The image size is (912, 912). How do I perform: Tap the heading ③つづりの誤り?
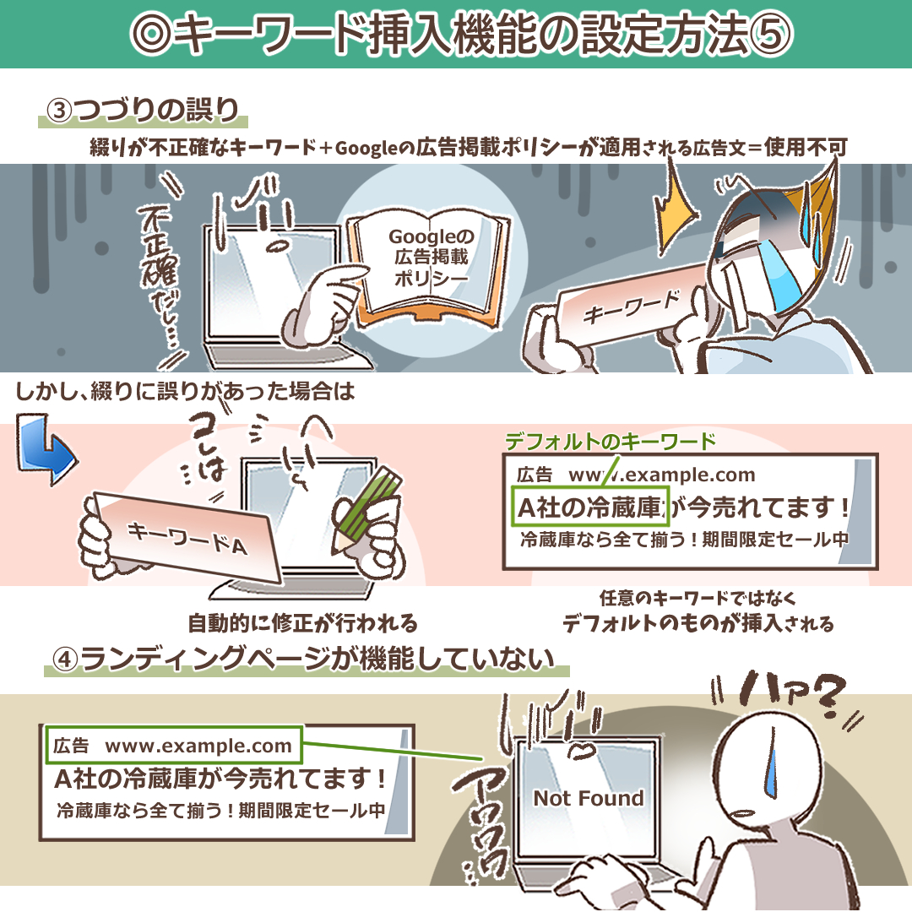click(x=143, y=110)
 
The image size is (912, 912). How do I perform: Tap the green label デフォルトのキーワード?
click(x=611, y=442)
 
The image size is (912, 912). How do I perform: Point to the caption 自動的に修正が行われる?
click(x=302, y=623)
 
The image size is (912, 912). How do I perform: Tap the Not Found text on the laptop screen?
click(x=589, y=798)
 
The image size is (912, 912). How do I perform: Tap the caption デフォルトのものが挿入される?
click(x=698, y=623)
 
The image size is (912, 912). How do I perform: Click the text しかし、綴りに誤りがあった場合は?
click(x=185, y=392)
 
